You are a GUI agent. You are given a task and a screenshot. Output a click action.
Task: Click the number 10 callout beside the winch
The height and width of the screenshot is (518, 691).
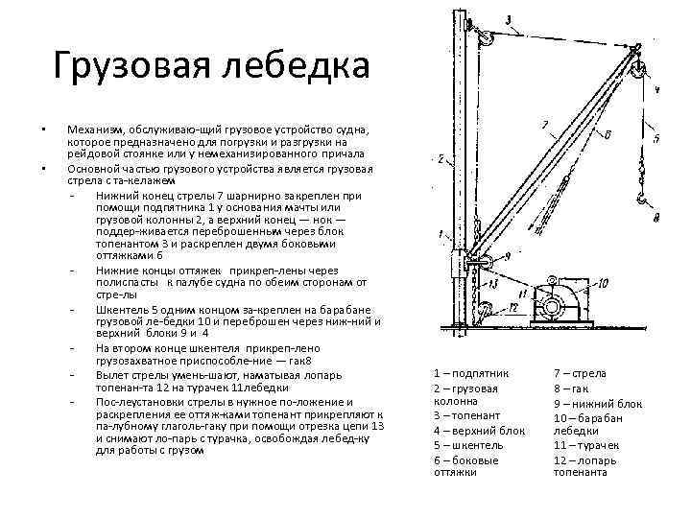click(603, 283)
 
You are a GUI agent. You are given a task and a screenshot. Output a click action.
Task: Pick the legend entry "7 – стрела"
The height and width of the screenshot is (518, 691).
click(580, 372)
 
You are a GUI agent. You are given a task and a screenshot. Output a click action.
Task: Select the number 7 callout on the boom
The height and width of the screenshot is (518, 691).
click(544, 126)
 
